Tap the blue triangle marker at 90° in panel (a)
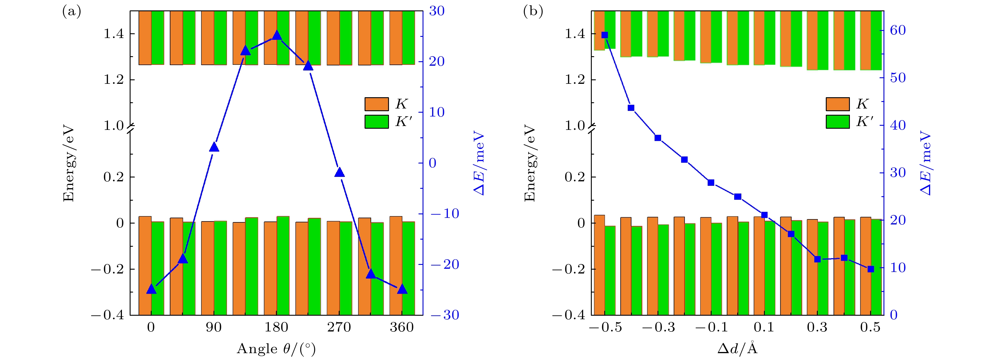click(x=214, y=147)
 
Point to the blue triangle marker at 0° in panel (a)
click(x=151, y=289)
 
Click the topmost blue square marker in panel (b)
click(x=605, y=35)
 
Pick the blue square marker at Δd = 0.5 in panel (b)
click(x=871, y=269)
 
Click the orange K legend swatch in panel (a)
click(x=376, y=104)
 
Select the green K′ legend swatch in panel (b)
click(x=838, y=122)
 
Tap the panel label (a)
click(x=71, y=12)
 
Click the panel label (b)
click(x=533, y=12)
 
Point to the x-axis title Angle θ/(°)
click(x=276, y=349)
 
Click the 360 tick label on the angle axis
click(x=402, y=328)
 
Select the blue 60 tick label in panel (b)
click(x=898, y=30)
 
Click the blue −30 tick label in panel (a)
click(x=445, y=315)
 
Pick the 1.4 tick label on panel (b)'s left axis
click(x=575, y=34)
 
